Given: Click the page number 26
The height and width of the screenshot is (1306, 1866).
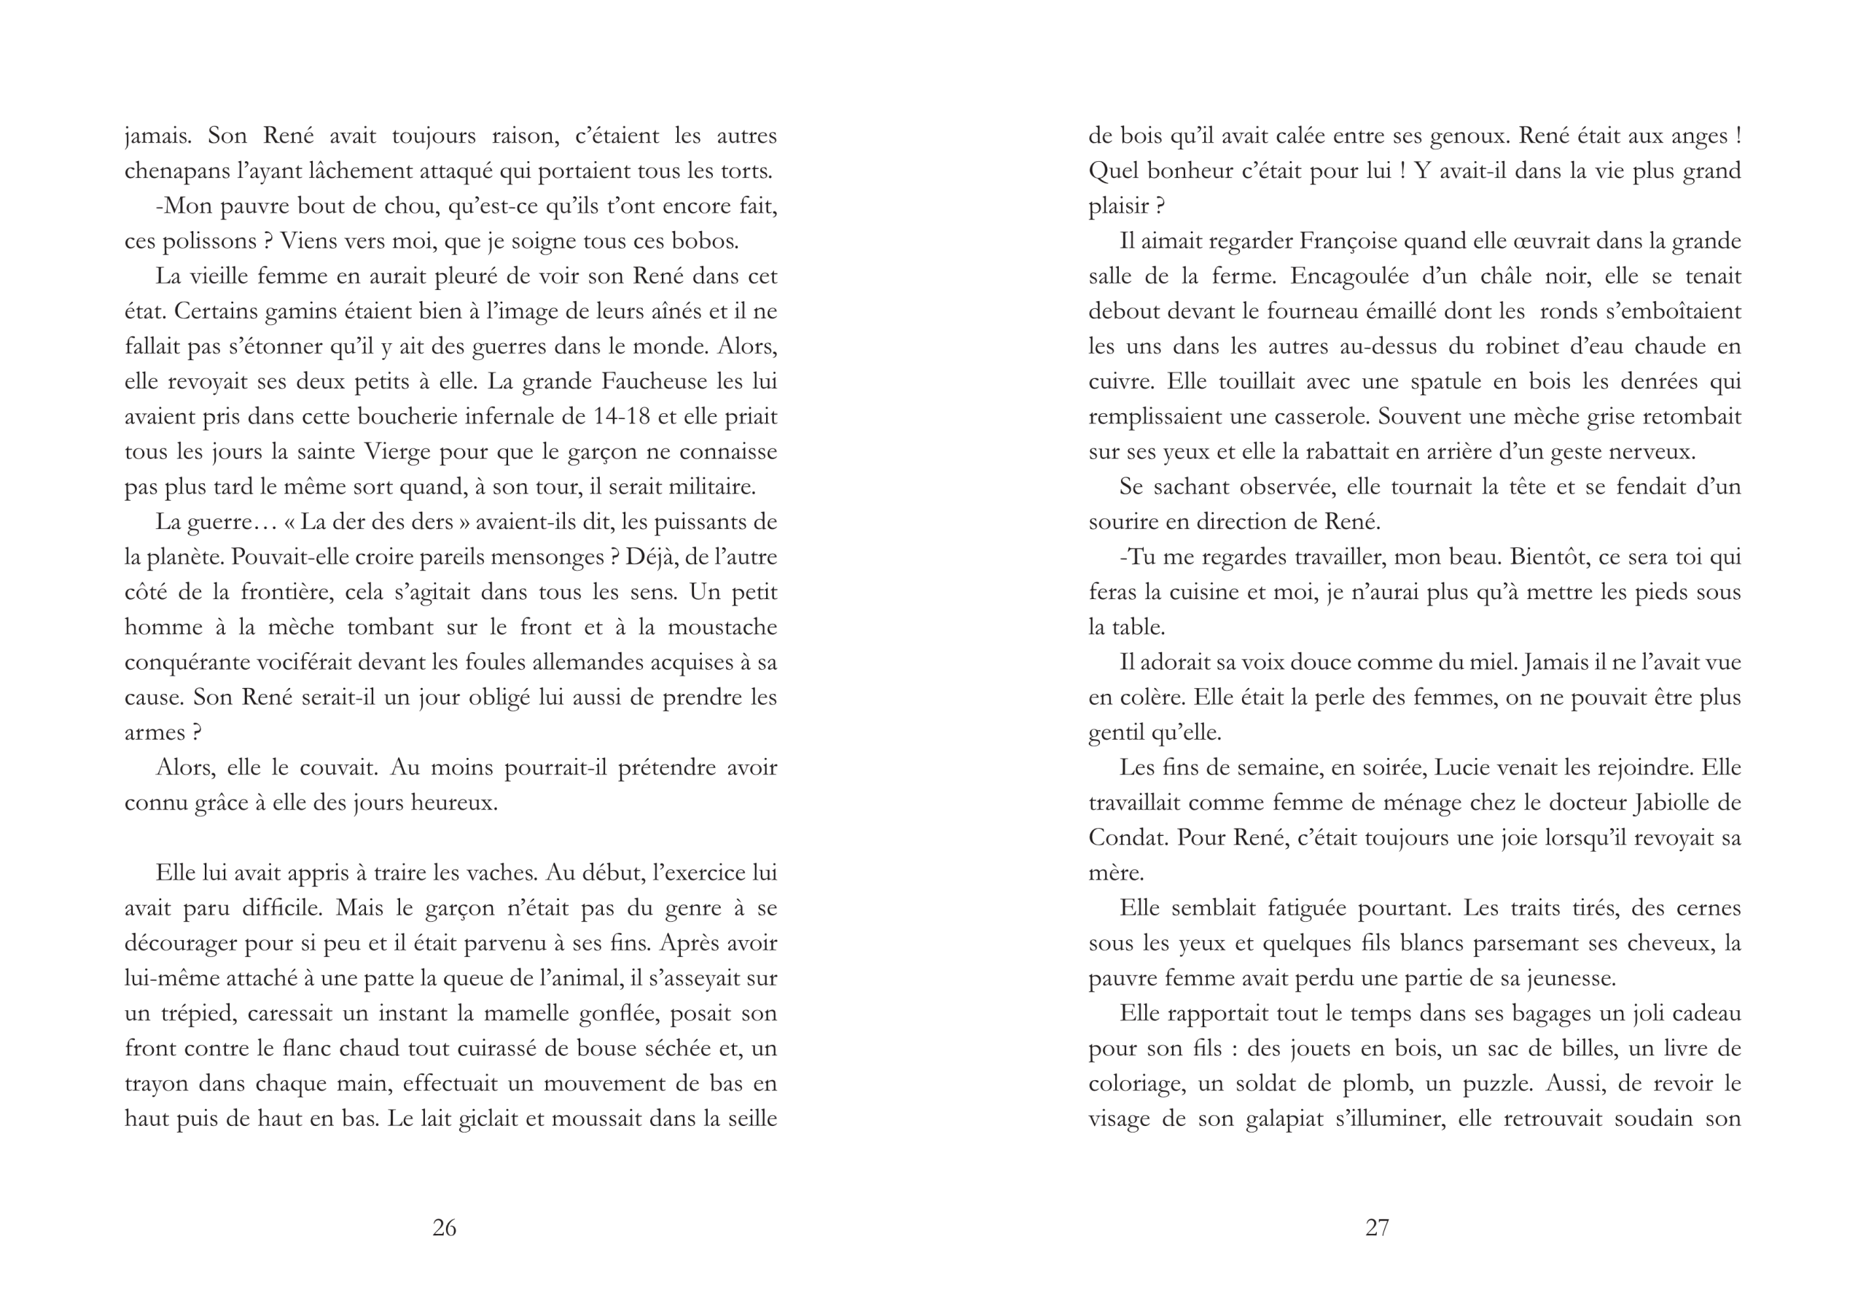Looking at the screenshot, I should [444, 1227].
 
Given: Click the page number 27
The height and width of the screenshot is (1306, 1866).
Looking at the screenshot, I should [1377, 1227].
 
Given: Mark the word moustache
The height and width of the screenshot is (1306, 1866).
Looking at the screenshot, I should [722, 627].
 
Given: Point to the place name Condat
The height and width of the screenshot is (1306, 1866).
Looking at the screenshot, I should [1126, 837].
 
